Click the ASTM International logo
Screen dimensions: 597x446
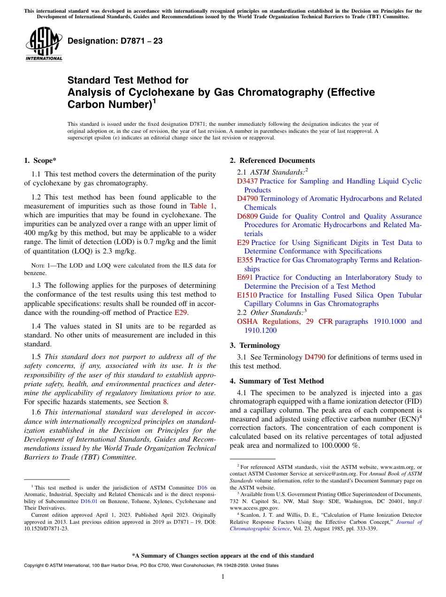[x=44, y=45]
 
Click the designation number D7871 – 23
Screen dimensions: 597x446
[x=115, y=41]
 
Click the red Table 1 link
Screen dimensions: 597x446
[x=202, y=206]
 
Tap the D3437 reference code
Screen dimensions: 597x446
[x=247, y=181]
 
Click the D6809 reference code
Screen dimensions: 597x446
[x=247, y=216]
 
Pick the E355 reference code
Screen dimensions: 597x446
[x=245, y=260]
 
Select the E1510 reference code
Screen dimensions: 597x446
[x=247, y=295]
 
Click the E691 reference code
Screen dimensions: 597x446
[x=245, y=277]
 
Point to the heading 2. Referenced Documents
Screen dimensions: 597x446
[x=272, y=161]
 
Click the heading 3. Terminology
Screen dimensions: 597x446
[x=255, y=345]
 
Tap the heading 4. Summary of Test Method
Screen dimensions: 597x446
[x=277, y=381]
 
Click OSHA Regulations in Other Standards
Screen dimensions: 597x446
[x=269, y=321]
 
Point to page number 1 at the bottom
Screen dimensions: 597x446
[x=223, y=576]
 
